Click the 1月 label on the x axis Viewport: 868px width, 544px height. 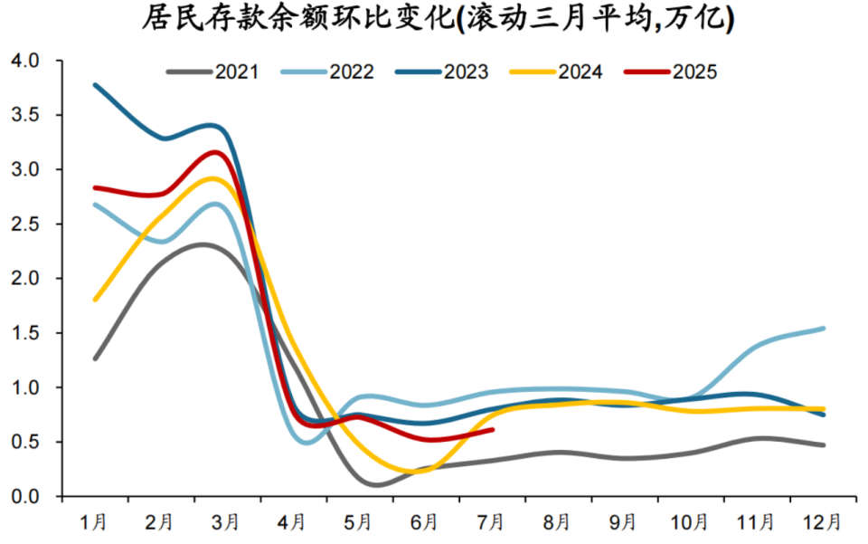tap(95, 522)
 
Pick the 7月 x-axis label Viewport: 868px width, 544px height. tap(493, 522)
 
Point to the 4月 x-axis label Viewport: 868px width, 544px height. tap(294, 522)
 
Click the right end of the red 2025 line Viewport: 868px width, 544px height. tap(493, 429)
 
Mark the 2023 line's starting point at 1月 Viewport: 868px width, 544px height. tap(95, 85)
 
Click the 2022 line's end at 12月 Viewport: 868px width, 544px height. tap(824, 328)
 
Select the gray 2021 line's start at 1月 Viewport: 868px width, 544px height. tap(95, 358)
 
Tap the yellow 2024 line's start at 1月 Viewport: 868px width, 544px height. tap(95, 300)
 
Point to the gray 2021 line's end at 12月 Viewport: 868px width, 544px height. tap(824, 444)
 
